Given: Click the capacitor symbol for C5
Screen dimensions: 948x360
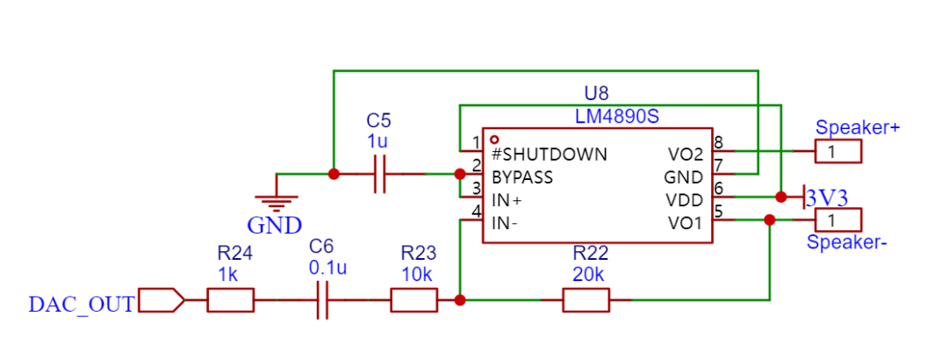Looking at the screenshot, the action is (380, 174).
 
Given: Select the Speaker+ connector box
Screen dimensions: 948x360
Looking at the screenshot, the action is (838, 151).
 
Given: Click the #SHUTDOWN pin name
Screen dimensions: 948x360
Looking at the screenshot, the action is (549, 155).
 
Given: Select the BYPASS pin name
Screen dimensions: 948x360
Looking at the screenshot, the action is (522, 178).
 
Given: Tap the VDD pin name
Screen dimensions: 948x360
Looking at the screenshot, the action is (685, 200).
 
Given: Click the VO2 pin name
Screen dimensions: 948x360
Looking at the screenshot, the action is (686, 155).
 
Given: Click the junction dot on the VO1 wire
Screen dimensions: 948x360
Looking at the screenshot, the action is (770, 220).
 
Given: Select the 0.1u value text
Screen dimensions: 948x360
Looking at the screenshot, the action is (327, 268).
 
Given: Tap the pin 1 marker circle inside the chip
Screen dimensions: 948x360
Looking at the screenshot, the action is (495, 139).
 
